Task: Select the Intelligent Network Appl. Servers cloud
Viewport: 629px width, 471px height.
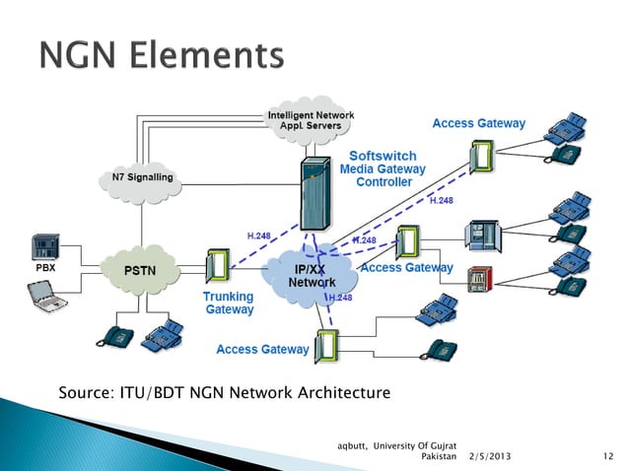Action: pos(311,121)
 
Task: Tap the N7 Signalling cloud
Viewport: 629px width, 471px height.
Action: pos(137,178)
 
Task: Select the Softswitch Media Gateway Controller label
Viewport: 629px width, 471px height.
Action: pos(384,168)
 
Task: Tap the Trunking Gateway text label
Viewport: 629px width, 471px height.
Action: pos(229,303)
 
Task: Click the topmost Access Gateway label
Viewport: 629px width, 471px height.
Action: pos(478,124)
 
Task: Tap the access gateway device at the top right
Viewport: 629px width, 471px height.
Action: pos(482,156)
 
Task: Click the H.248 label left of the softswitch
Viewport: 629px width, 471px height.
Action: pos(259,235)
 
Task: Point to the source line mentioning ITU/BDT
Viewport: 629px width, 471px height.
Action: pos(224,393)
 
